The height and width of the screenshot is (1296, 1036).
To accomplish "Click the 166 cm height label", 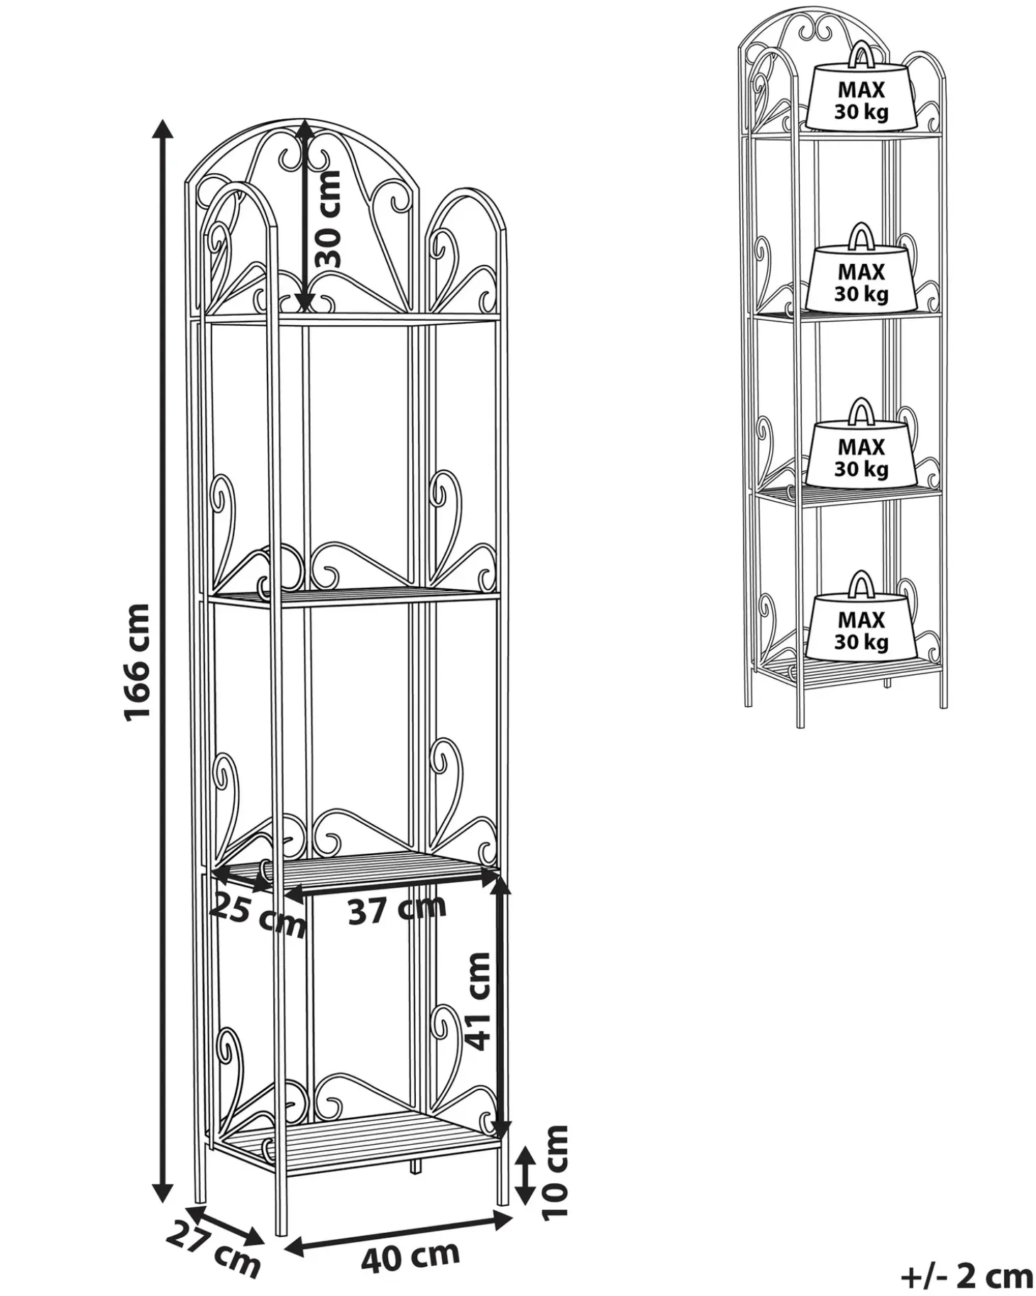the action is pos(137,662).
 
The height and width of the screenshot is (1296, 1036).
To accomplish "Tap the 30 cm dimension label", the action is pos(327,219).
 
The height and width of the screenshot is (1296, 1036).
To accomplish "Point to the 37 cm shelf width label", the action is pos(397,909).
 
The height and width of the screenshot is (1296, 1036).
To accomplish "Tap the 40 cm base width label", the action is pos(410,1254).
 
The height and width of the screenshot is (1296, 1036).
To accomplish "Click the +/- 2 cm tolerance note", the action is pos(966,1275).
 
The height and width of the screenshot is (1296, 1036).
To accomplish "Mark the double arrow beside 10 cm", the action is pos(525,1176).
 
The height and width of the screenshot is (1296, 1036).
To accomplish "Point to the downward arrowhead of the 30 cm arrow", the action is pos(304,301).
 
